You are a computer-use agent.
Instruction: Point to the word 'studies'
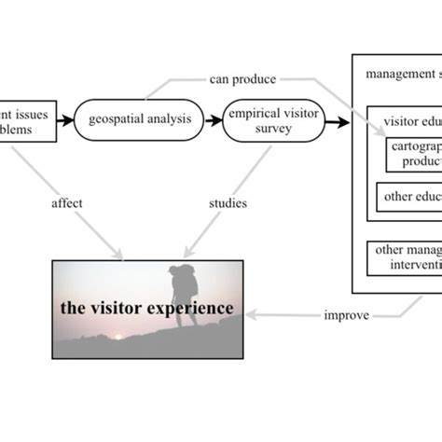(x=228, y=202)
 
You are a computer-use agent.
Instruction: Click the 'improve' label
(x=345, y=315)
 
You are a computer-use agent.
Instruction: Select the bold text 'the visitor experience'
(x=146, y=308)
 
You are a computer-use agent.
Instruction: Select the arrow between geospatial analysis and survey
(x=214, y=120)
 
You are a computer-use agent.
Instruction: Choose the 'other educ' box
(x=409, y=197)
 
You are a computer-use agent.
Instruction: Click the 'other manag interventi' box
(x=404, y=256)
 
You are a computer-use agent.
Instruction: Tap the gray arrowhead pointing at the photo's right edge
(x=251, y=315)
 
